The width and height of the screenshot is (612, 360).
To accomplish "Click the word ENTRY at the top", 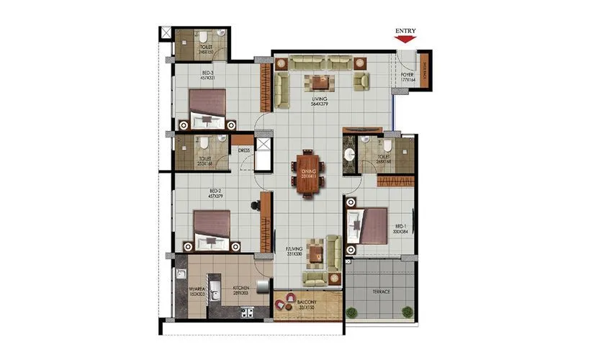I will tap(406, 31).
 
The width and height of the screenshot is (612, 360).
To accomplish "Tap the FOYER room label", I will tap(407, 77).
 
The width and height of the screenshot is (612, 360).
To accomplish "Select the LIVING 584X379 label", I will tap(320, 102).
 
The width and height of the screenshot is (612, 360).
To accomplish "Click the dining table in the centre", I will tap(307, 174).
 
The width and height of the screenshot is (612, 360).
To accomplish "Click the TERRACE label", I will tap(381, 292).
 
